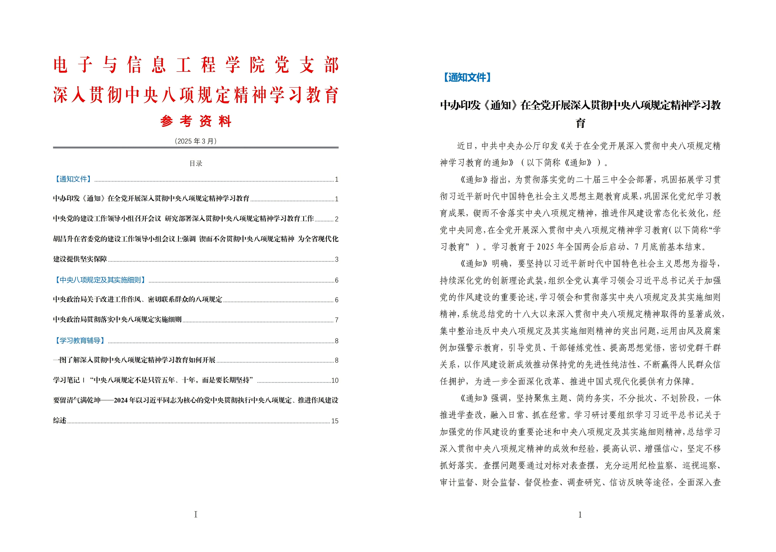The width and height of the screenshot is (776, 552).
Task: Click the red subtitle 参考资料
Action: tap(196, 121)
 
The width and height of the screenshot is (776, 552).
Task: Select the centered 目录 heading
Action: tap(196, 164)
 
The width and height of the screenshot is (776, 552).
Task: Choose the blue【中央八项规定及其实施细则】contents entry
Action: tap(100, 280)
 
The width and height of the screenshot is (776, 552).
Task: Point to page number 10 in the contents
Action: tap(335, 380)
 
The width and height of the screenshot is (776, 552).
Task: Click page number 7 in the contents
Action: tap(336, 320)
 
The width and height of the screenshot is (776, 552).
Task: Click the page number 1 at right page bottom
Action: tap(580, 515)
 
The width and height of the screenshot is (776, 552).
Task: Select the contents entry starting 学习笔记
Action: tap(153, 380)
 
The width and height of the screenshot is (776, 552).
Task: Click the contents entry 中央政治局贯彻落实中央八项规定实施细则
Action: tap(117, 319)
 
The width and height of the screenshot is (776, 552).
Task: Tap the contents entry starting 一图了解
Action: tap(134, 360)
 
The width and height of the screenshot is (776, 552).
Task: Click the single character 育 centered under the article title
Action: tap(581, 123)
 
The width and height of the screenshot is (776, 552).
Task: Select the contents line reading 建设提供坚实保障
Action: tap(80, 259)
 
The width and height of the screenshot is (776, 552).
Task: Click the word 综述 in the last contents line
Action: tap(60, 420)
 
